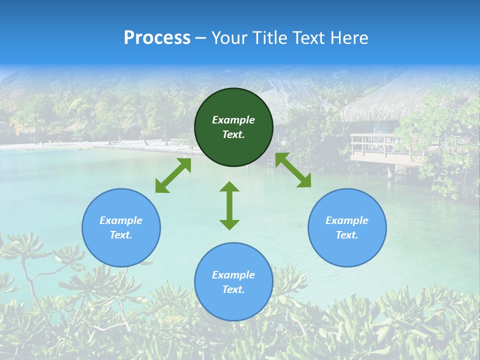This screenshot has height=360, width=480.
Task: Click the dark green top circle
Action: click(233, 127)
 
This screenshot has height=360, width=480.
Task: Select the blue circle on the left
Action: click(121, 227)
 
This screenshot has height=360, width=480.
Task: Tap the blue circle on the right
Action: click(347, 227)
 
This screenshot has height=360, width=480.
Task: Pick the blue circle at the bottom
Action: click(233, 282)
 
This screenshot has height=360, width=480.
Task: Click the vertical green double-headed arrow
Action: click(229, 205)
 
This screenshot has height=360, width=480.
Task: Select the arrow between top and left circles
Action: click(173, 175)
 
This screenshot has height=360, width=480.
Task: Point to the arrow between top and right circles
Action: click(293, 170)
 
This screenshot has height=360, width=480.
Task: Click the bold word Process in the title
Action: click(157, 38)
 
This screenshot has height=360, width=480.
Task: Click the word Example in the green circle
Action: click(233, 120)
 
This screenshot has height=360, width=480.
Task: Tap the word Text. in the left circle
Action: click(121, 235)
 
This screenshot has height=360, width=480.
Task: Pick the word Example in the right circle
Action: click(347, 220)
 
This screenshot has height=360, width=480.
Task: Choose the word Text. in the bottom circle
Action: click(233, 289)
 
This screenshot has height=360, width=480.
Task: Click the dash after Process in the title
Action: click(201, 38)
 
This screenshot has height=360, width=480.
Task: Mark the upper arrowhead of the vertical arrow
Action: click(229, 187)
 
